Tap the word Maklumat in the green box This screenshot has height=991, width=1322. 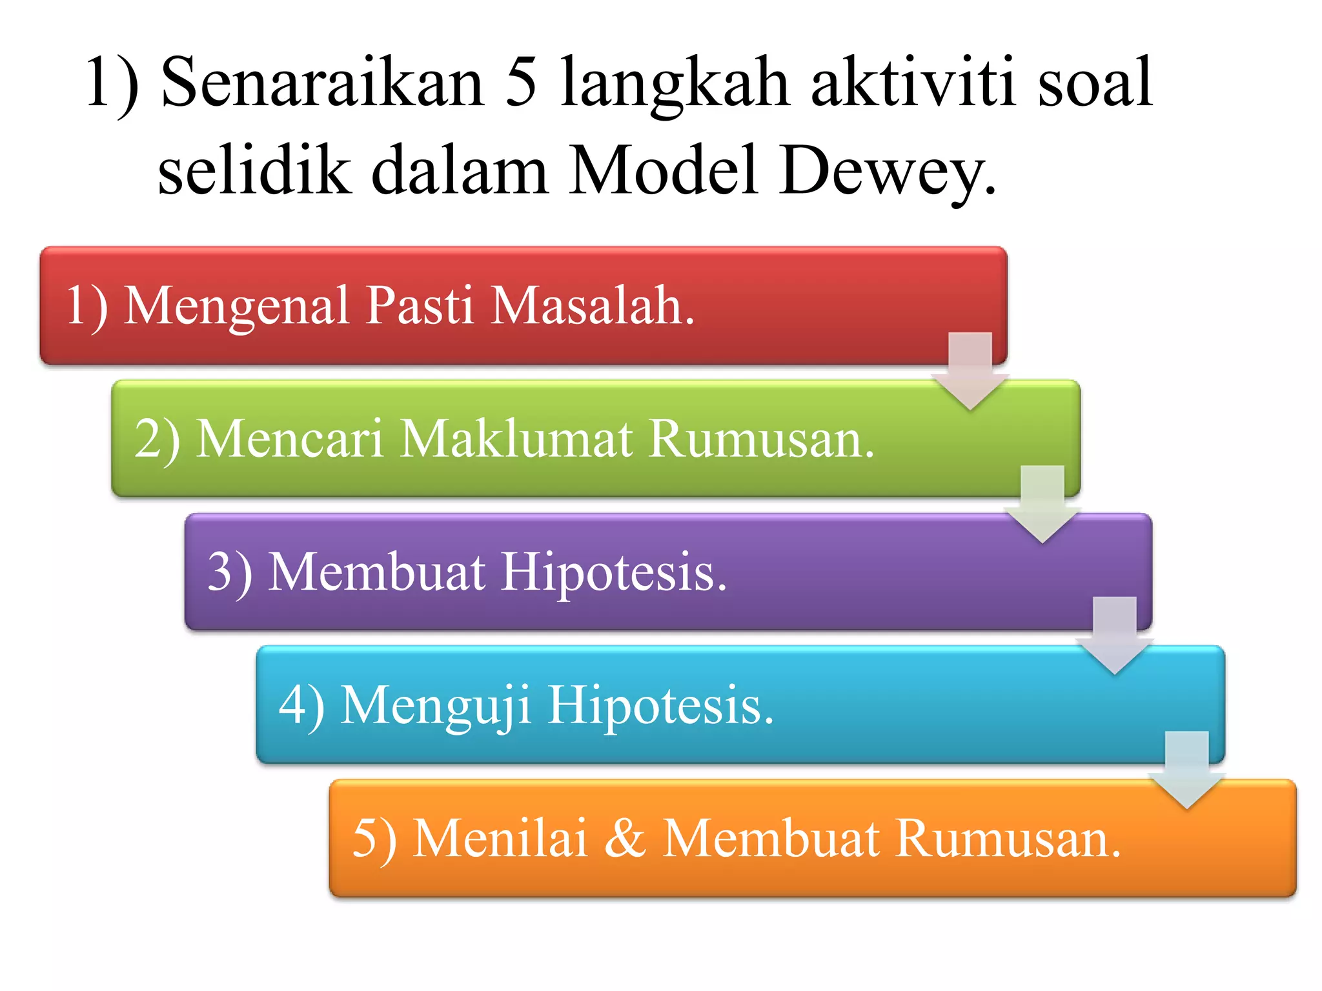point(516,439)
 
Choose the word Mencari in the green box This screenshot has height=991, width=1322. point(290,439)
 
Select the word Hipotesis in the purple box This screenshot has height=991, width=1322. point(614,572)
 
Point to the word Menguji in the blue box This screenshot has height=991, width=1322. point(436,706)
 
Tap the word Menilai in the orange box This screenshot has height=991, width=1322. point(500,839)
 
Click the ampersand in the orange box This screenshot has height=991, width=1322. point(625,839)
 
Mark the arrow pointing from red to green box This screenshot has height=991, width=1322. point(970,372)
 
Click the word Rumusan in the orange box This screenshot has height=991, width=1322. point(1008,839)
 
